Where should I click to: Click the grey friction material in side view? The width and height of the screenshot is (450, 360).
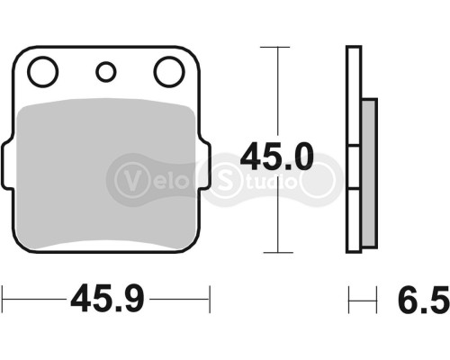369,171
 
